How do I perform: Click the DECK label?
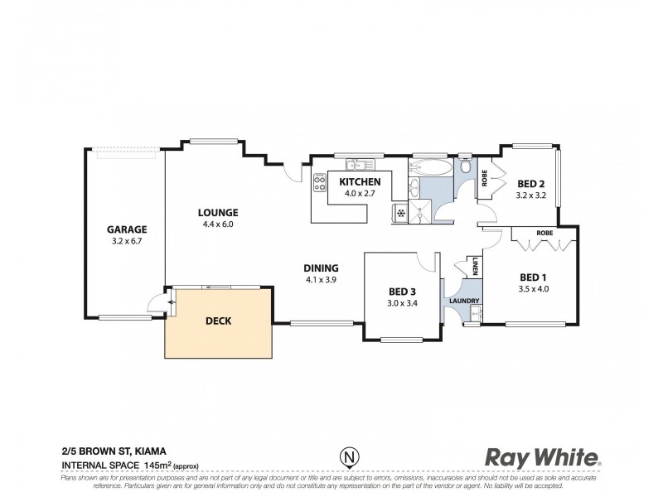click(x=219, y=321)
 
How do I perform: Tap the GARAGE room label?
click(x=127, y=229)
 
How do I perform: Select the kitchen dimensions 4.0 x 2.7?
click(x=361, y=194)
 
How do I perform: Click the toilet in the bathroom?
click(x=464, y=159)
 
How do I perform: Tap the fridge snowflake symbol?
click(x=401, y=214)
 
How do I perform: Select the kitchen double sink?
click(x=356, y=163)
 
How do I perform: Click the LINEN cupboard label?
click(x=477, y=267)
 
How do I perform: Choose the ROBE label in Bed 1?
click(x=544, y=234)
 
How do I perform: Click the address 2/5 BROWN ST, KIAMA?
click(x=119, y=452)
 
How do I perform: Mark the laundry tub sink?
click(x=475, y=312)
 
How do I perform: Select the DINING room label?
click(x=320, y=268)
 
